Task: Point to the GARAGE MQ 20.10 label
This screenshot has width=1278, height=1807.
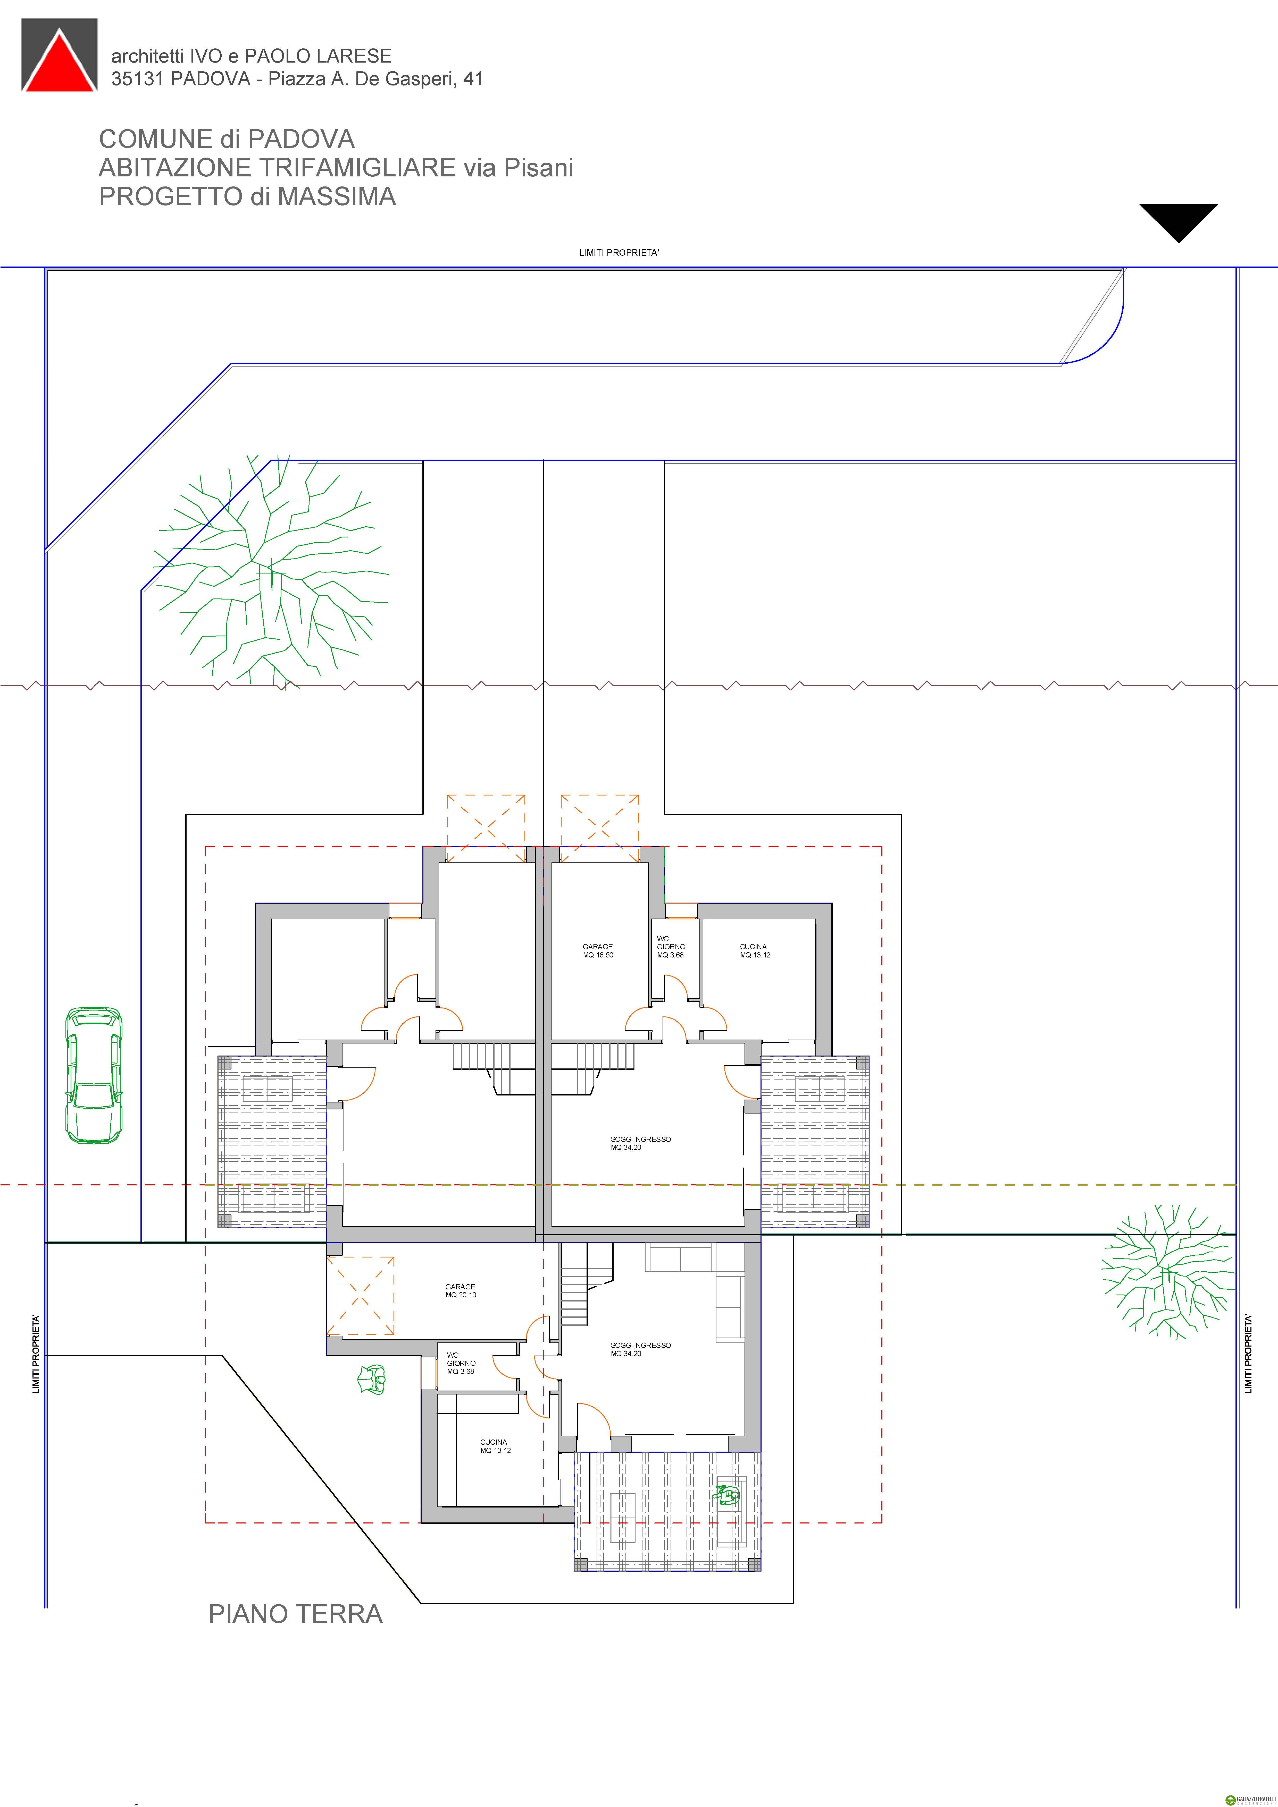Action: [x=461, y=1291]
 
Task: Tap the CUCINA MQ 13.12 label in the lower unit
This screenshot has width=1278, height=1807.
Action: [x=495, y=1446]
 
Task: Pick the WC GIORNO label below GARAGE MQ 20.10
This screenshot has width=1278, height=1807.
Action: [x=461, y=1363]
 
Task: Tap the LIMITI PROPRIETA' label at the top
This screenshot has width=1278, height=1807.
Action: [x=619, y=253]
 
